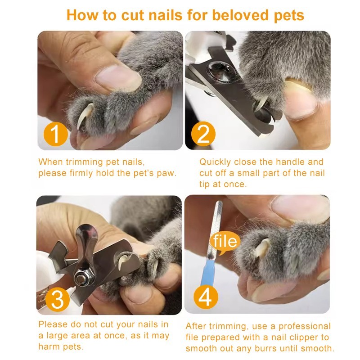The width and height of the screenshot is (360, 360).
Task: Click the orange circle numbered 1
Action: pyautogui.click(x=55, y=134)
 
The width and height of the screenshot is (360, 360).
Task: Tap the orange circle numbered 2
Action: pyautogui.click(x=203, y=134)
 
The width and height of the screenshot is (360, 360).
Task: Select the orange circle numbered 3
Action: pyautogui.click(x=58, y=299)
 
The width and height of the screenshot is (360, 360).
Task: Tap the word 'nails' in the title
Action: pyautogui.click(x=165, y=15)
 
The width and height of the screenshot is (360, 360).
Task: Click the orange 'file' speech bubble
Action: pyautogui.click(x=225, y=242)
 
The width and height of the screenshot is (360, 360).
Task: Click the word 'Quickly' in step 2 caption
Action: pyautogui.click(x=215, y=162)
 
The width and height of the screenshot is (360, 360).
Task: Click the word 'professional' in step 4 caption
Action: pyautogui.click(x=305, y=326)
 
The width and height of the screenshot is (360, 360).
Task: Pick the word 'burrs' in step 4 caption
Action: pyautogui.click(x=265, y=348)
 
